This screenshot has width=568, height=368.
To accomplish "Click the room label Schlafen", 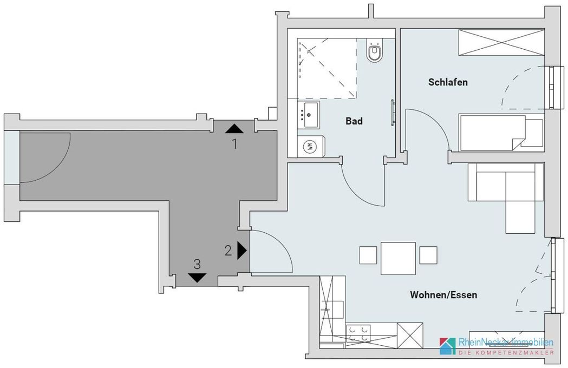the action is coord(448,82).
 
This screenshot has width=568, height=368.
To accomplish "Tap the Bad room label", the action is coord(354,121).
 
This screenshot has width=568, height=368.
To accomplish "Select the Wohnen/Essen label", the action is coord(443,295).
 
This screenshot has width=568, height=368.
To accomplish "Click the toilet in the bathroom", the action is coord(374,51).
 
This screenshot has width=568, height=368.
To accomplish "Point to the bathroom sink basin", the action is coord(311,114).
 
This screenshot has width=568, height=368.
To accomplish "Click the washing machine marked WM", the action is coord(310,147).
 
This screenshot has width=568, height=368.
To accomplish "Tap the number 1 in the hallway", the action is coord(235,144).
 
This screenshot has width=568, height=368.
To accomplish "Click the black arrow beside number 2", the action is coord(241,250).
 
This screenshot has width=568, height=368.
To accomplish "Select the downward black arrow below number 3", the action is coord(198,278).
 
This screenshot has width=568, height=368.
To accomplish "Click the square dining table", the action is coord(398,259).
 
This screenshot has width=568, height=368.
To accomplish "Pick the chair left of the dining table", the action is coord(368,255).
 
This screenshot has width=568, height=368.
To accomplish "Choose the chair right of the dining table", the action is coord(428,255).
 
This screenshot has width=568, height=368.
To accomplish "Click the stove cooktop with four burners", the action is coord(358,333).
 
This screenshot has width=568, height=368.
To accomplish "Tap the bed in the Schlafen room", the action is coord(501,133).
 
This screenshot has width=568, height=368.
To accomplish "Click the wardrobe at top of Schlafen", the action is coord(502,43).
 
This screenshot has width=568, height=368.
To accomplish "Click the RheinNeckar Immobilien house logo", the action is coord(448,346).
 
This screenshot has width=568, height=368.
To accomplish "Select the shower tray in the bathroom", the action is coord(327,68).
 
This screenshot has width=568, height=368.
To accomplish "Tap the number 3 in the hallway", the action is coord(197,264).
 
